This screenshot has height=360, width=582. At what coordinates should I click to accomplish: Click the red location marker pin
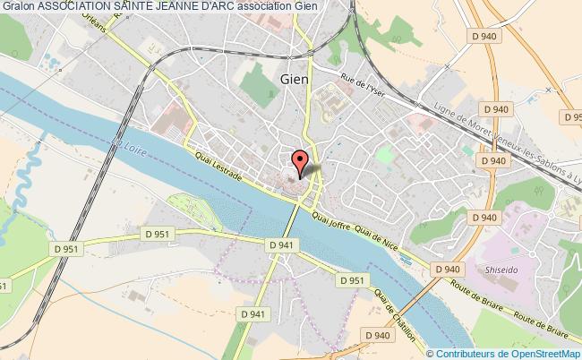(304, 161)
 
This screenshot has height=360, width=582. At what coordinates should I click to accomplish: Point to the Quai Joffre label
(332, 219)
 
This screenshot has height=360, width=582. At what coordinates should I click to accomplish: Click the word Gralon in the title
(18, 6)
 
